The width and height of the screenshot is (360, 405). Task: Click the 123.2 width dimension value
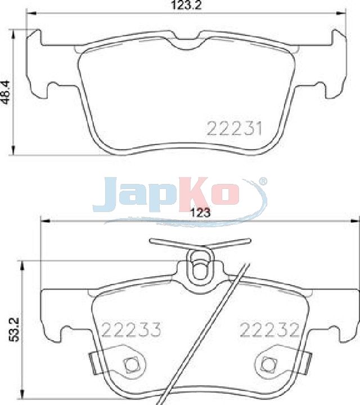(186, 5)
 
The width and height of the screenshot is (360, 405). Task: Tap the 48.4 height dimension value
(6, 92)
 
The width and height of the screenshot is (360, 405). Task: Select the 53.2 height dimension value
(13, 330)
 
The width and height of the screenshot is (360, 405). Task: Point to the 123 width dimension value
(200, 213)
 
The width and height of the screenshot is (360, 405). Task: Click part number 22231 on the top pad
(234, 128)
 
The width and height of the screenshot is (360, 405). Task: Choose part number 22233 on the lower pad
(132, 330)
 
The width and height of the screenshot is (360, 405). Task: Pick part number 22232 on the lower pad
(269, 330)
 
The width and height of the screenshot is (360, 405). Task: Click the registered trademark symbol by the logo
(263, 181)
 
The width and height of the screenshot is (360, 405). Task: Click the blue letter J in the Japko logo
(104, 195)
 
